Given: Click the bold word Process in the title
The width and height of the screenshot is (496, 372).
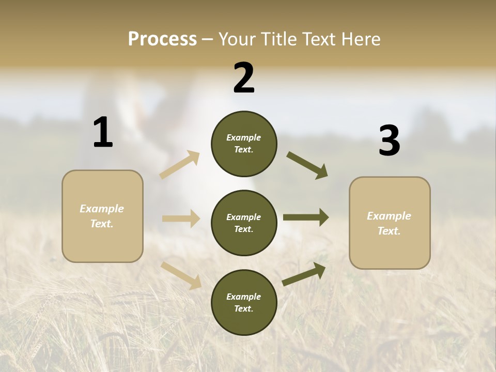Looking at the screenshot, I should coord(162,39).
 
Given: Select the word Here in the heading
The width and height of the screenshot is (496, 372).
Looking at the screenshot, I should coord(359,39).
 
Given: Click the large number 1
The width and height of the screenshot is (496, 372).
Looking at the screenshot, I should coord(103,132).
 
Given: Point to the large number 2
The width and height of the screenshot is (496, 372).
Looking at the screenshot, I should coord(244,78).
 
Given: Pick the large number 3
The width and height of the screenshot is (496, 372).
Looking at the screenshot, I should coord(389,141).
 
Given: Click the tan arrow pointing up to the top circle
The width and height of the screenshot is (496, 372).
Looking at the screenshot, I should coord(180,164).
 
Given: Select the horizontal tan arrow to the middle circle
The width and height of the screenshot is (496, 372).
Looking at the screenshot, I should coord(181,219).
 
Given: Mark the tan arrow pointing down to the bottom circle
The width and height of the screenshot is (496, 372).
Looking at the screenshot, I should coord(181,275).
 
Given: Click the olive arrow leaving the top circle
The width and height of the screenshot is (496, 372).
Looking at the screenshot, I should coord(307,165).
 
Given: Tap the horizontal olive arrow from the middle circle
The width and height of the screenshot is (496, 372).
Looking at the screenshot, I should coord(306,218).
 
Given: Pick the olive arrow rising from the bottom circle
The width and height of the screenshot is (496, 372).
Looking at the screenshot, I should coord(304,274).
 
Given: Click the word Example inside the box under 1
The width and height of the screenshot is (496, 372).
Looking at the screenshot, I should coord(102,209).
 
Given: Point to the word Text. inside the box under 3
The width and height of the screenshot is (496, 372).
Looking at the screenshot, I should coord(389,231).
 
